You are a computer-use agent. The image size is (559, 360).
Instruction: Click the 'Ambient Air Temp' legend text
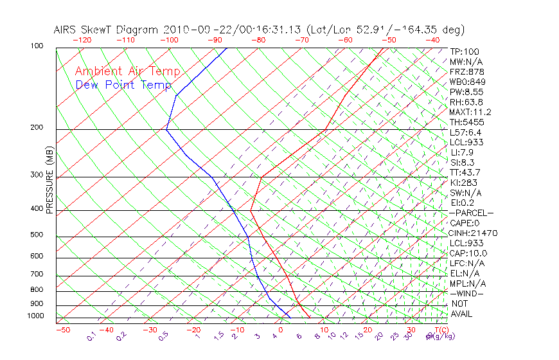[x=127, y=72]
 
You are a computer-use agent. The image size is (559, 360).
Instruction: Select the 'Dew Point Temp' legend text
[x=123, y=85]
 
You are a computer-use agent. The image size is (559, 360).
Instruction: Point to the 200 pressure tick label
[x=37, y=127]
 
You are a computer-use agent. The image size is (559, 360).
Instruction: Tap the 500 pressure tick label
[x=37, y=235]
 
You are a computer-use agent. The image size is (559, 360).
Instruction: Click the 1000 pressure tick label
[x=35, y=316]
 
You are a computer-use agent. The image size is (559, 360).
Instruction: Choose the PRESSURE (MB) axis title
[x=50, y=181]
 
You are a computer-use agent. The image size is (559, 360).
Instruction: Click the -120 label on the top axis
[x=82, y=40]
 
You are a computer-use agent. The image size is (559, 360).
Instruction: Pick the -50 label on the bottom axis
[x=62, y=330]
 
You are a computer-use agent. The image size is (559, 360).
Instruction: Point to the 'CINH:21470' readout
[x=474, y=233]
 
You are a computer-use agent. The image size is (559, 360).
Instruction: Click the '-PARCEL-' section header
[x=472, y=213]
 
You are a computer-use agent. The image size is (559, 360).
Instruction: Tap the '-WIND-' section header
[x=467, y=293]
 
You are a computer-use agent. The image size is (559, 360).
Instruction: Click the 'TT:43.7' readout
[x=465, y=172]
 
